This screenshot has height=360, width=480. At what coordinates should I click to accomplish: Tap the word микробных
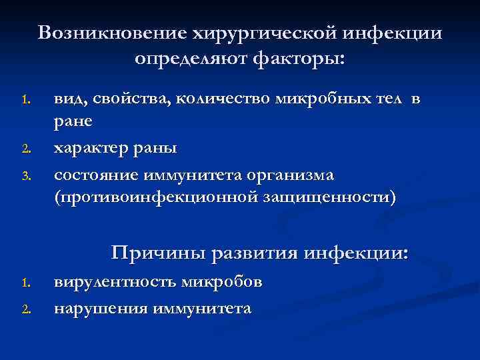point(315,100)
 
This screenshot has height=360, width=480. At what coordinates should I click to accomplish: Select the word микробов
point(222,282)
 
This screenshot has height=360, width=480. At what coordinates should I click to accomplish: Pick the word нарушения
point(101,309)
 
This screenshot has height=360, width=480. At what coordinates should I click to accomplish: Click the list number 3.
point(26,177)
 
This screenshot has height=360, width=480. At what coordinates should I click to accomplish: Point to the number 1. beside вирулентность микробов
point(26,284)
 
